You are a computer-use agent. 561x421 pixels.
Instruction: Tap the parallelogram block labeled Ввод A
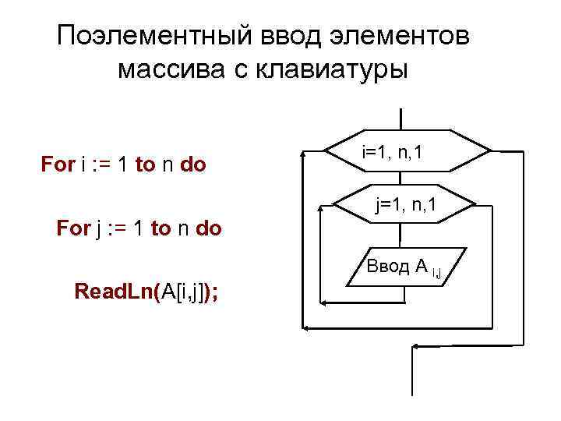(405, 268)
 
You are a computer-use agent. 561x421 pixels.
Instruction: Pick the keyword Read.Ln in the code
(116, 292)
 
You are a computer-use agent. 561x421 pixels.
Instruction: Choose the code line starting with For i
(123, 165)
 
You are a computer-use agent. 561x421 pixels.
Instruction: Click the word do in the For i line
(192, 165)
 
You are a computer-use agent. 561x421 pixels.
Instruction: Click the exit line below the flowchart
(411, 382)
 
